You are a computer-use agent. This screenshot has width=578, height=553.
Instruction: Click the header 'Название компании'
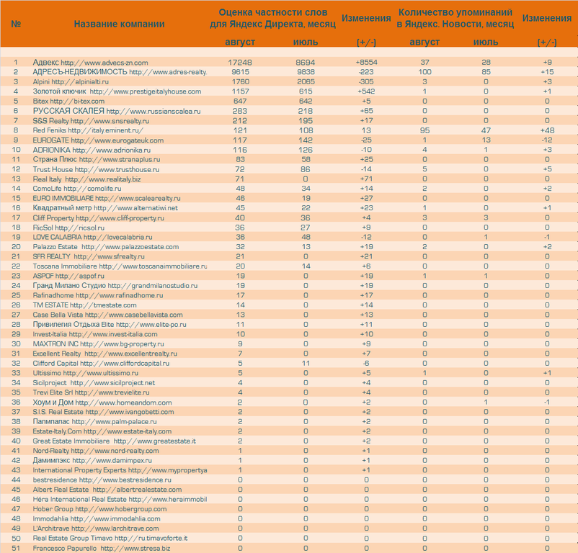point(119,24)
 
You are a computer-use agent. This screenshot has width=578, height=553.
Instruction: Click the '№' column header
point(16,24)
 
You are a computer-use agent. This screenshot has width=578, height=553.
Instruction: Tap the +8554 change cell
point(366,63)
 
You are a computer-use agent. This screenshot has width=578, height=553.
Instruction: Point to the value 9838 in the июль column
point(306,72)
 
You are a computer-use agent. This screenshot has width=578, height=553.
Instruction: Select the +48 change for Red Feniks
point(547,130)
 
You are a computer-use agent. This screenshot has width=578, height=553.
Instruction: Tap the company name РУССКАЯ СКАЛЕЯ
point(68,111)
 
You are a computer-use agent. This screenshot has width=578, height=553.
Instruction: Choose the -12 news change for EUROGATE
point(547,140)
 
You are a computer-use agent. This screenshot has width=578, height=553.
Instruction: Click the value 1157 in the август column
point(240,91)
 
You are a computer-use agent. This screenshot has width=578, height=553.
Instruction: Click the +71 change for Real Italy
point(366,179)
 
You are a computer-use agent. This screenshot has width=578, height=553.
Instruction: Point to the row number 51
point(16,548)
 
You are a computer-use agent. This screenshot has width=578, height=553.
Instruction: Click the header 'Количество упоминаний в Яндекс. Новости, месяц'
point(455,19)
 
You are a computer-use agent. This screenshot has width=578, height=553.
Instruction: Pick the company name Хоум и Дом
point(54,402)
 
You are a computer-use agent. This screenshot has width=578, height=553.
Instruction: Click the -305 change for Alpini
point(366,82)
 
